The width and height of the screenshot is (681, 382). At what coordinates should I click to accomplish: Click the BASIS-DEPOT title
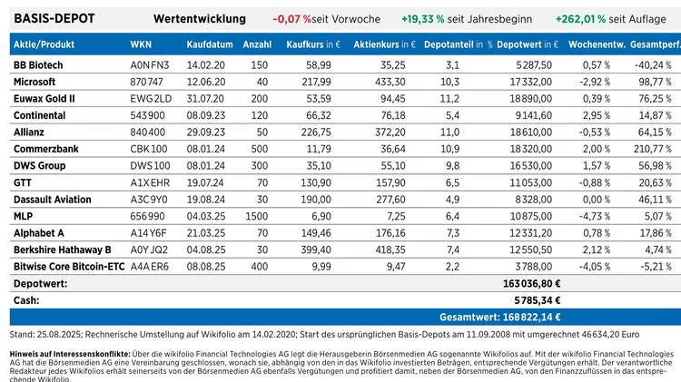[x=54, y=19]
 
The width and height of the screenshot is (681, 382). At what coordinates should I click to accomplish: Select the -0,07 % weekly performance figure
[x=291, y=19]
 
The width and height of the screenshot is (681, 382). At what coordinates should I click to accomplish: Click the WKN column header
[x=141, y=44]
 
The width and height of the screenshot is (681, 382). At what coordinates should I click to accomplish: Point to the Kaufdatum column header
[x=210, y=44]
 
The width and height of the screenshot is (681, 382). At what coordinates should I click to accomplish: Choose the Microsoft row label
[x=35, y=82]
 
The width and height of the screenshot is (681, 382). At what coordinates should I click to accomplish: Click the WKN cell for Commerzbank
[x=149, y=149]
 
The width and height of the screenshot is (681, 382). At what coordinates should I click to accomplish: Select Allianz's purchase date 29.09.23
[x=206, y=132]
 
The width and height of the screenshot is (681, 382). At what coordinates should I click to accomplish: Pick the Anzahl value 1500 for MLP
[x=257, y=216]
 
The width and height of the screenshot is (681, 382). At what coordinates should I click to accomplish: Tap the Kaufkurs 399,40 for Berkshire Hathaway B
[x=316, y=250]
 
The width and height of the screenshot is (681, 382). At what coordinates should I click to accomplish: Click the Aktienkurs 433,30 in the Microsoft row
[x=390, y=82]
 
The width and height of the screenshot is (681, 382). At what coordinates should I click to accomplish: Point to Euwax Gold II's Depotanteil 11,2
[x=449, y=99]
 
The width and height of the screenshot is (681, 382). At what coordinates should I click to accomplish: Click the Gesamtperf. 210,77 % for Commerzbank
[x=652, y=149]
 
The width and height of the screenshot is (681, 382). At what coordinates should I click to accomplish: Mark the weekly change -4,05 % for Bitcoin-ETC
[x=595, y=267]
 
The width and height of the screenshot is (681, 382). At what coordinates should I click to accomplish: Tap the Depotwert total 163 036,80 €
[x=531, y=283]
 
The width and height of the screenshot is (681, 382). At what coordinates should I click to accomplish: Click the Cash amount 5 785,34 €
[x=538, y=300]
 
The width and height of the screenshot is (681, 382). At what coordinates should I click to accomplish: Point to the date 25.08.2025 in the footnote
[x=59, y=335]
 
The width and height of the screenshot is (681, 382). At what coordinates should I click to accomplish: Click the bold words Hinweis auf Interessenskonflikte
[x=70, y=354]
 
